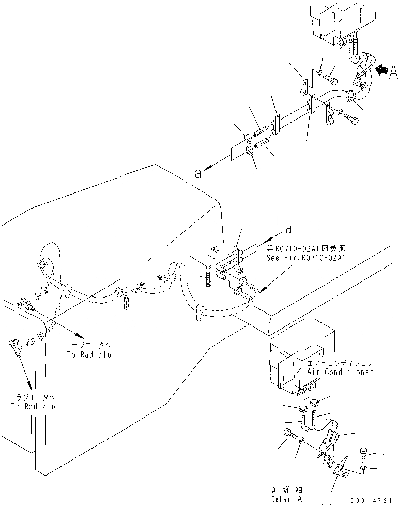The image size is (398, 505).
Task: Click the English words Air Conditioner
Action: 340,372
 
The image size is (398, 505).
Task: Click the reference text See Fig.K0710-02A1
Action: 305,257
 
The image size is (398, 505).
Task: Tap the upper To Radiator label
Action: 90,354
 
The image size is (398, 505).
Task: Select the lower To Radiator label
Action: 35,406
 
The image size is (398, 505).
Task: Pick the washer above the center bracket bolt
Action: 207,267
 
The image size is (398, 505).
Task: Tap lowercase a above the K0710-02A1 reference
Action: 288,228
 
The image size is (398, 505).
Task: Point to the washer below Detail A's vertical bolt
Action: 364,468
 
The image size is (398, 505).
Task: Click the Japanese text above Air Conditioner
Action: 340,364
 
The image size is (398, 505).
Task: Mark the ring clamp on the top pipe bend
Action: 350,95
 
